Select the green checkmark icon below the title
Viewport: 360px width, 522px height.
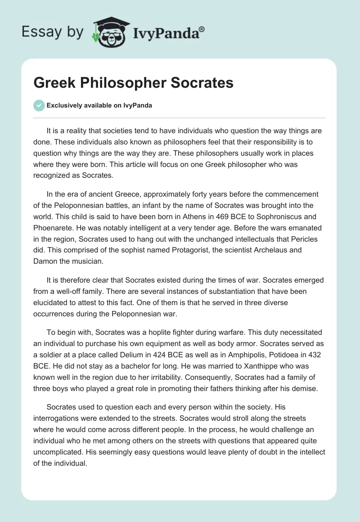(39, 105)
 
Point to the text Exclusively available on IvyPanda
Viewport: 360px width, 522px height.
(99, 106)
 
